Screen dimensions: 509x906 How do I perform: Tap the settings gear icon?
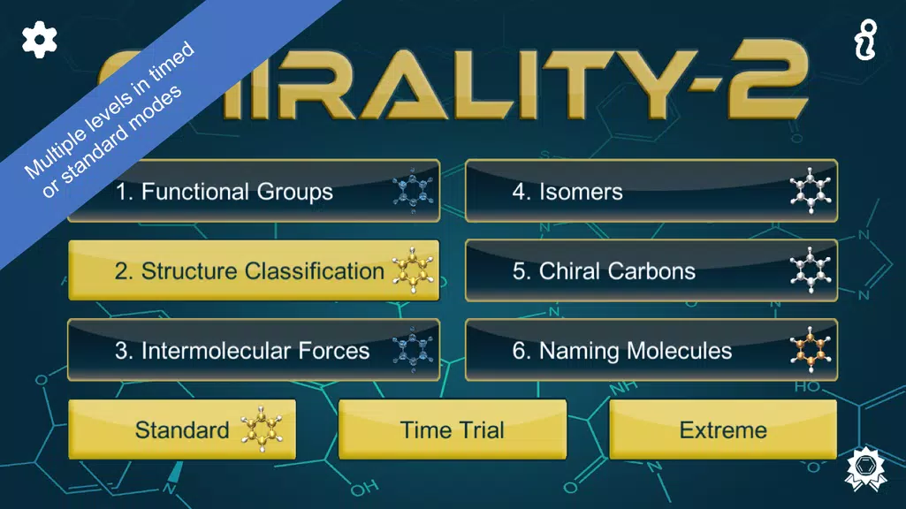pos(40,40)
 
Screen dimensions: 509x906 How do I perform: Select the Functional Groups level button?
pos(253,192)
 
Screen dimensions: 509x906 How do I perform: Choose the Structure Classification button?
pos(253,270)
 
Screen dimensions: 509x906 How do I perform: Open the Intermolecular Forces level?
pos(253,350)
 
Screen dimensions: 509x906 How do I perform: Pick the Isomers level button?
pos(651,192)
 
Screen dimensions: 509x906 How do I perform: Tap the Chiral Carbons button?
pos(651,270)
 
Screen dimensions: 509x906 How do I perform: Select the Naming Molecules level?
pos(651,350)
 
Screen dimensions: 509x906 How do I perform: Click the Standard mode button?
pos(182,429)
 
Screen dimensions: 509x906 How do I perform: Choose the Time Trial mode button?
pos(452,429)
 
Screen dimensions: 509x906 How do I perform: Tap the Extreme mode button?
pos(723,429)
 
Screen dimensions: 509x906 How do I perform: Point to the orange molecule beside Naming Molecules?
pos(811,350)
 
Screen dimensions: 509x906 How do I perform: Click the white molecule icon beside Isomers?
pos(811,192)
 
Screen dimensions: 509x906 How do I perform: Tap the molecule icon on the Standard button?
pos(258,430)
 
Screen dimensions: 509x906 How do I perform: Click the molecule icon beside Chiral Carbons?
pos(811,270)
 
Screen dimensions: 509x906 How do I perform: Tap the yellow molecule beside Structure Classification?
pos(413,270)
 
